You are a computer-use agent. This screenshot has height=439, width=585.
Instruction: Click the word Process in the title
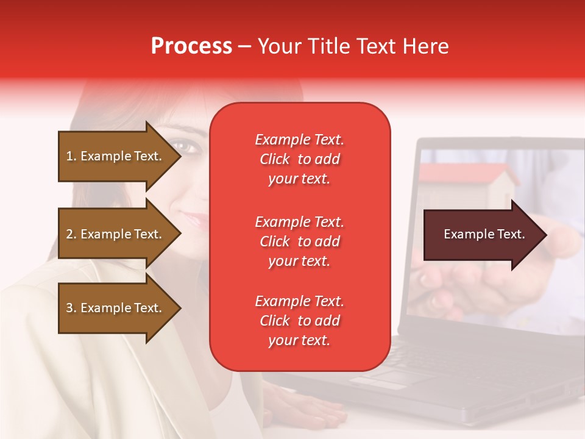click(191, 46)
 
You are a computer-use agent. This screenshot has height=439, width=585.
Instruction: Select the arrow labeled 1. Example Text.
click(116, 156)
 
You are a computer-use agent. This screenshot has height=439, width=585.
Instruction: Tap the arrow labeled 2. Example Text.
click(116, 234)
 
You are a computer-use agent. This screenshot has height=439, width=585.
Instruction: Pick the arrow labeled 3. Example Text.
click(116, 308)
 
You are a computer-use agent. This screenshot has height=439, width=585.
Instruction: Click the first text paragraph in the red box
click(299, 159)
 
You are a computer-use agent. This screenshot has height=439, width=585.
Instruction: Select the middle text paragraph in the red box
click(299, 241)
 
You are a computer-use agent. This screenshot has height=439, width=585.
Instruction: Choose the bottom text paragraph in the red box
click(299, 321)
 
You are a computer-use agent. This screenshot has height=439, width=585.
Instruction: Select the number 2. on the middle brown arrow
click(71, 234)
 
